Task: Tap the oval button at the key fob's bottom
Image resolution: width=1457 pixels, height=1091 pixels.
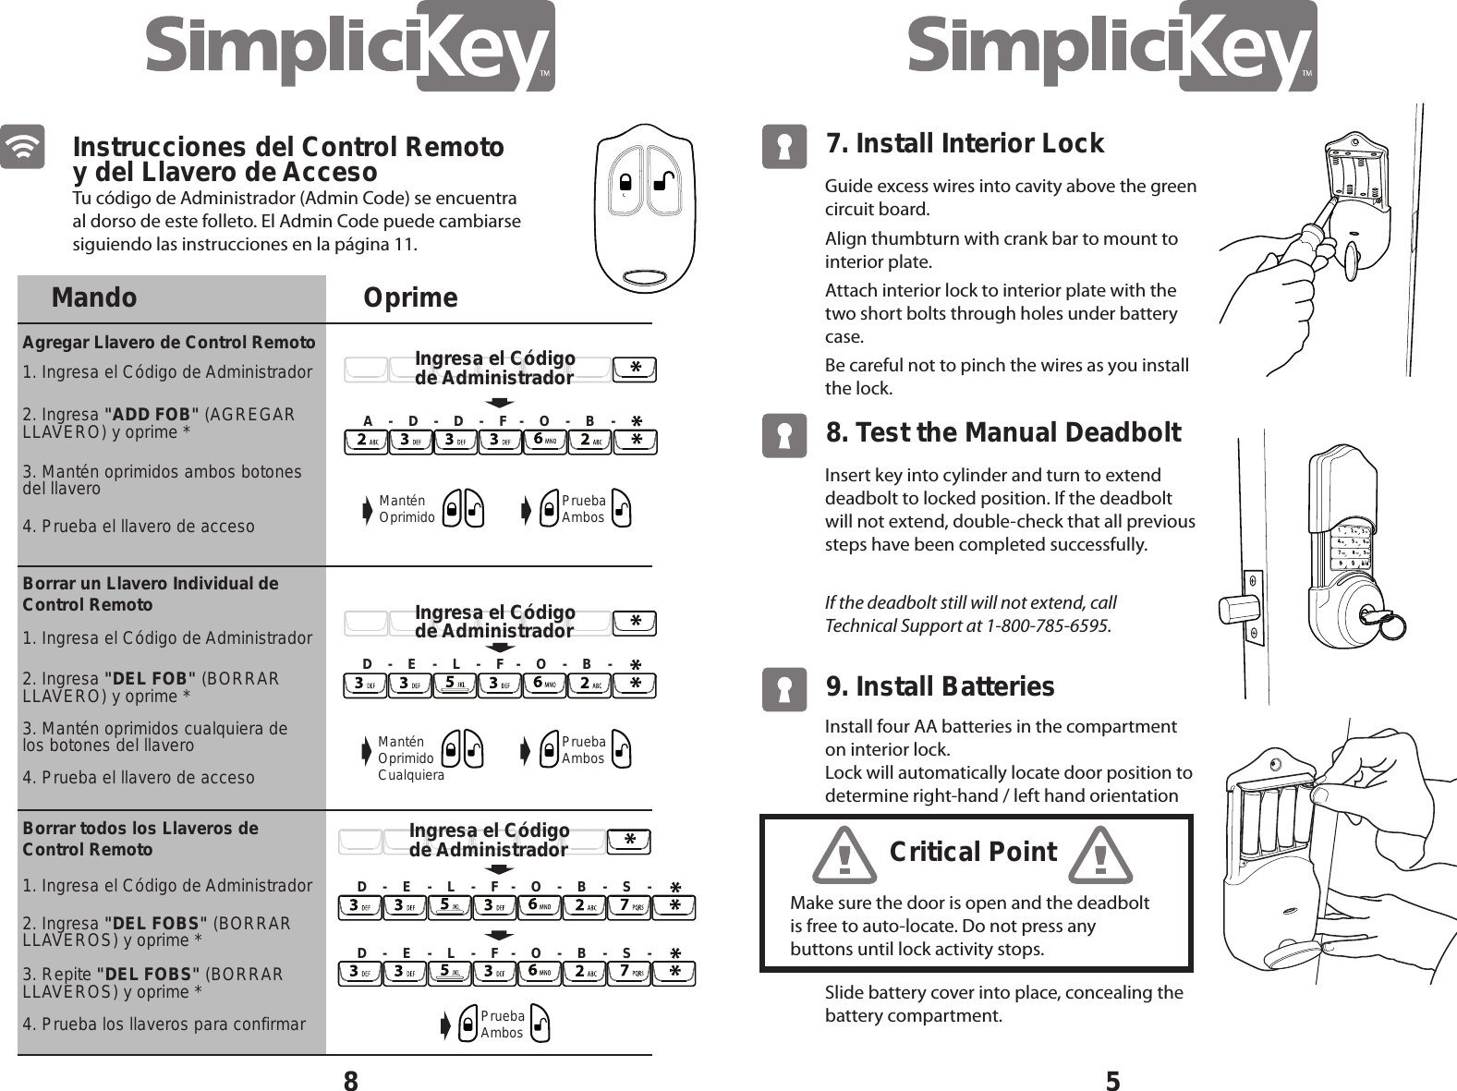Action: click(644, 277)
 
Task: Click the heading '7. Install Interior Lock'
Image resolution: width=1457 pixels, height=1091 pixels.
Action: click(964, 144)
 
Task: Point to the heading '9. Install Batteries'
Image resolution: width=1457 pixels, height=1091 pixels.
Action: click(939, 686)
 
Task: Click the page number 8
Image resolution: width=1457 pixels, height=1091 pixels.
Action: click(350, 1080)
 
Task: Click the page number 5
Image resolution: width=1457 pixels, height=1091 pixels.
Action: click(1113, 1080)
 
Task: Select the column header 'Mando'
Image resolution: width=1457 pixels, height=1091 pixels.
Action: click(94, 297)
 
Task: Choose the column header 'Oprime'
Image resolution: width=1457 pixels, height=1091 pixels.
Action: click(410, 297)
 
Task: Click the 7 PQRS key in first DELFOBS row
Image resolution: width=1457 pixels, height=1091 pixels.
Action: click(631, 906)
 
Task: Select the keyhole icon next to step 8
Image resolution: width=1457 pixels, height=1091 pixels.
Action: click(783, 435)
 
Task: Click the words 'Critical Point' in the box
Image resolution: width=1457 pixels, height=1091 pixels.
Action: click(972, 851)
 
